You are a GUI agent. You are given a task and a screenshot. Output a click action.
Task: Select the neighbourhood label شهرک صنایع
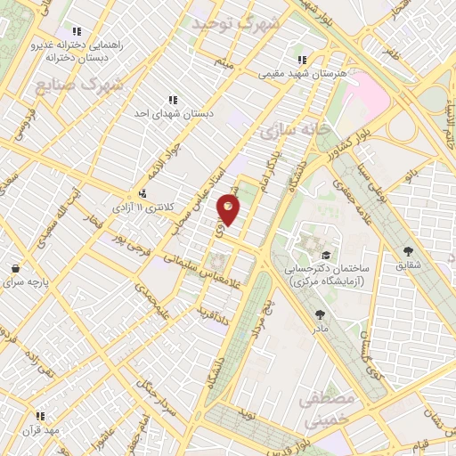(x=80, y=85)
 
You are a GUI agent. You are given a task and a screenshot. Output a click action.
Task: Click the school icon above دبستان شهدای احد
(x=173, y=101)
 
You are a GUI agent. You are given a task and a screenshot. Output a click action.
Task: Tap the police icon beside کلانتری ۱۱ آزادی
(x=142, y=193)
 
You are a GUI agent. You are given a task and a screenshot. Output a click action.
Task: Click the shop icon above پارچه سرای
(x=15, y=268)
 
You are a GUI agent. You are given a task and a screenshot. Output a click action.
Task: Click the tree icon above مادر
(x=320, y=313)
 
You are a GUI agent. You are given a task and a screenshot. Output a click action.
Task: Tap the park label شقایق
(x=409, y=265)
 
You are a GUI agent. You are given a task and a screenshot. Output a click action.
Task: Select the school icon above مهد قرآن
(x=39, y=415)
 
